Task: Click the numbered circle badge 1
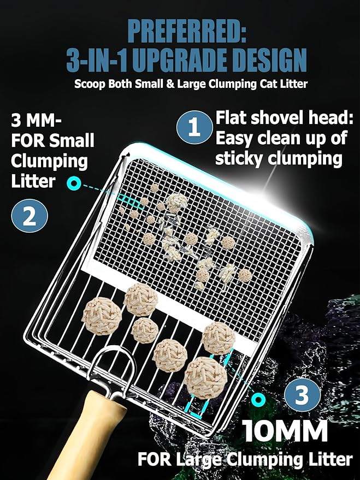click(x=194, y=128)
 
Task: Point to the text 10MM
click(x=286, y=431)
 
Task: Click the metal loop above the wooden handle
click(x=113, y=363)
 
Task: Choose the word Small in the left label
click(x=72, y=141)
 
